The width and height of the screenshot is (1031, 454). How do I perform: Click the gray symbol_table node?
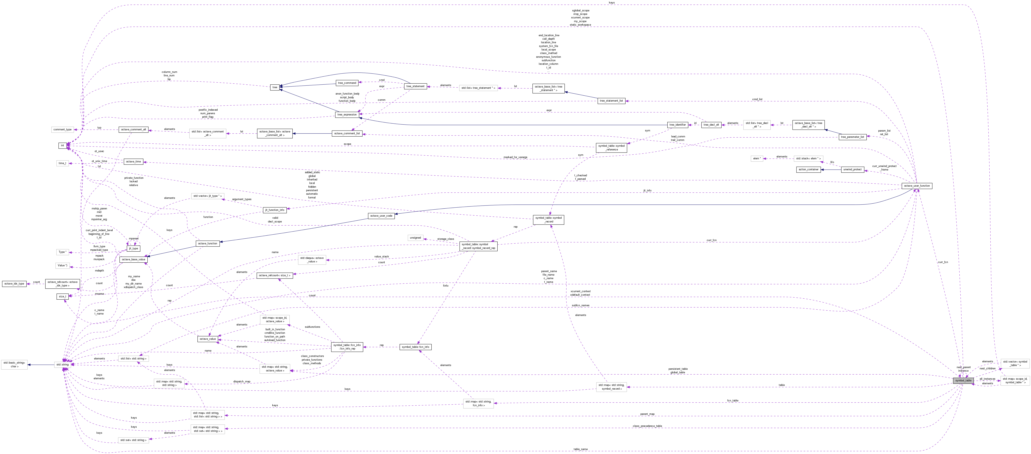[963, 380]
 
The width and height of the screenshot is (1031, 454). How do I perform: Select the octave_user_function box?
[917, 186]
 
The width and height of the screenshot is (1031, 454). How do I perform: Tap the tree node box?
[274, 87]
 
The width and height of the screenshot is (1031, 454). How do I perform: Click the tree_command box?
[347, 83]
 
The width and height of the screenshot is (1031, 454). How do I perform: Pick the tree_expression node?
[347, 115]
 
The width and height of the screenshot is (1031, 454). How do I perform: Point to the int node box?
[63, 146]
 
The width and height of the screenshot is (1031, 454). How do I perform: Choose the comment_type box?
[63, 130]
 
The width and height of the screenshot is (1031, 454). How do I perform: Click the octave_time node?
[133, 162]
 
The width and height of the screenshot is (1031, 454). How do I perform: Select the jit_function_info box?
[274, 210]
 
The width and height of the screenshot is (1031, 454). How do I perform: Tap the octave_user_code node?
[381, 216]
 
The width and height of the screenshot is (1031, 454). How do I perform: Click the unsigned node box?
[415, 238]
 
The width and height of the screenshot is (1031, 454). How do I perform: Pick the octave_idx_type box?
[14, 284]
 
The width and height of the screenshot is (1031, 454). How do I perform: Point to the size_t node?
[63, 296]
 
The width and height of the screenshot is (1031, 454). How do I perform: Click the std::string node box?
[63, 364]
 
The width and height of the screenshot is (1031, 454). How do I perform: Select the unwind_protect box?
[852, 170]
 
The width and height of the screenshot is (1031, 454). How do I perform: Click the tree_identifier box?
[678, 125]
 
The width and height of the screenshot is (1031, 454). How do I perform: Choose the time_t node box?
[63, 163]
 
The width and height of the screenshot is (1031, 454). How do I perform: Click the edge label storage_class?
[445, 239]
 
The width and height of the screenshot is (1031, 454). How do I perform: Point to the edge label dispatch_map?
[242, 382]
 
